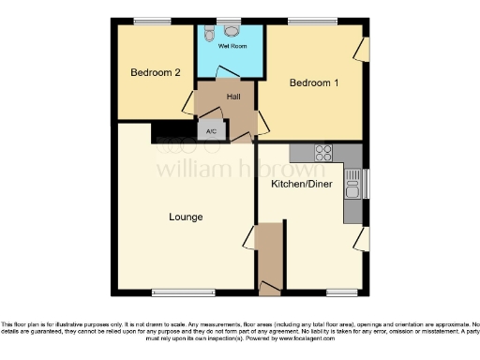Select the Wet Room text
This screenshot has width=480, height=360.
tap(230, 45)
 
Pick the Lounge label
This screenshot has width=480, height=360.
tap(186, 217)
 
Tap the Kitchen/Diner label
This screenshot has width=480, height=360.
tap(301, 185)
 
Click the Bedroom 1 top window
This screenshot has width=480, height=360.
tap(311, 22)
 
